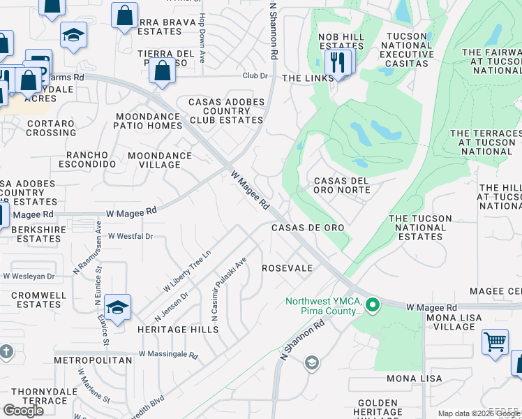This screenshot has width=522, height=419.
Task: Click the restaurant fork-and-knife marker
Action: tap(338, 62)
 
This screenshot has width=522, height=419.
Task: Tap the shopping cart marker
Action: tap(495, 342)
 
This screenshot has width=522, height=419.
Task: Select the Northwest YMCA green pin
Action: tap(373, 305)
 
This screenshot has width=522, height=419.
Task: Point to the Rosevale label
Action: tap(287, 268)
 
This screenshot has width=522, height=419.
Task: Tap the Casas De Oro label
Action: tap(308, 228)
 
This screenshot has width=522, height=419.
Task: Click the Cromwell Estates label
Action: tap(38, 300)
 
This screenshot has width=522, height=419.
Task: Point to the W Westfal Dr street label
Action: tap(130, 237)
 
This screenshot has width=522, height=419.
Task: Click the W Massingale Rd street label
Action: tap(168, 355)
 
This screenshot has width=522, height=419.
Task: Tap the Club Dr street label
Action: tap(255, 75)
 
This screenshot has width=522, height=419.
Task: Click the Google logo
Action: tap(24, 410)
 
